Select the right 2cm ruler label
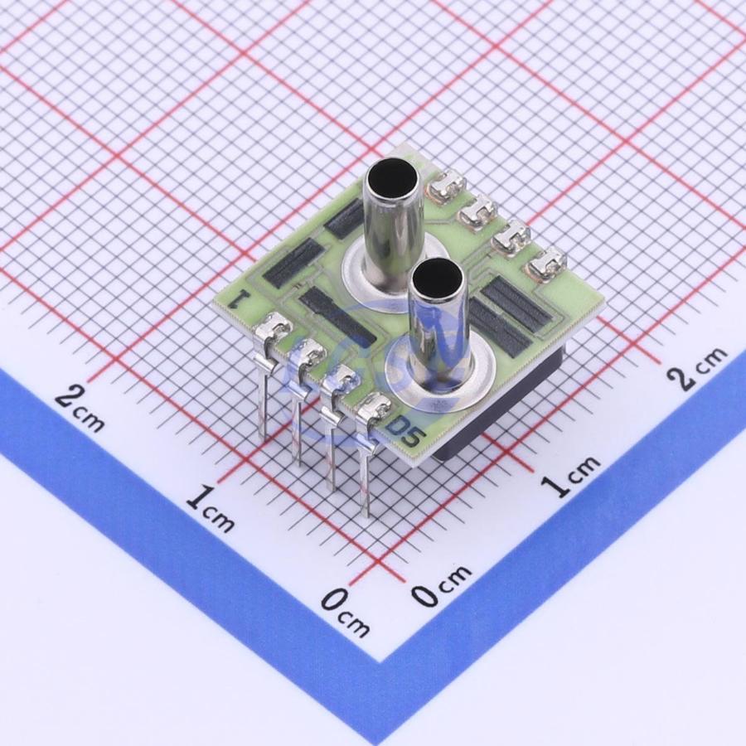pyautogui.click(x=696, y=367)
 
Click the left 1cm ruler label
pyautogui.click(x=210, y=510)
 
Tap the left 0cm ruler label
pyautogui.click(x=346, y=613)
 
